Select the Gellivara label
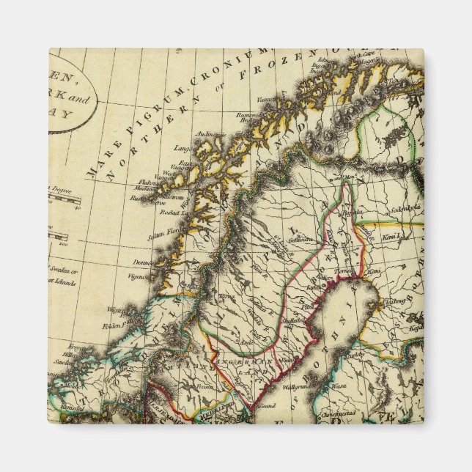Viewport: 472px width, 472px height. [300, 239]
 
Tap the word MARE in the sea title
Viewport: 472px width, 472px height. [96, 166]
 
